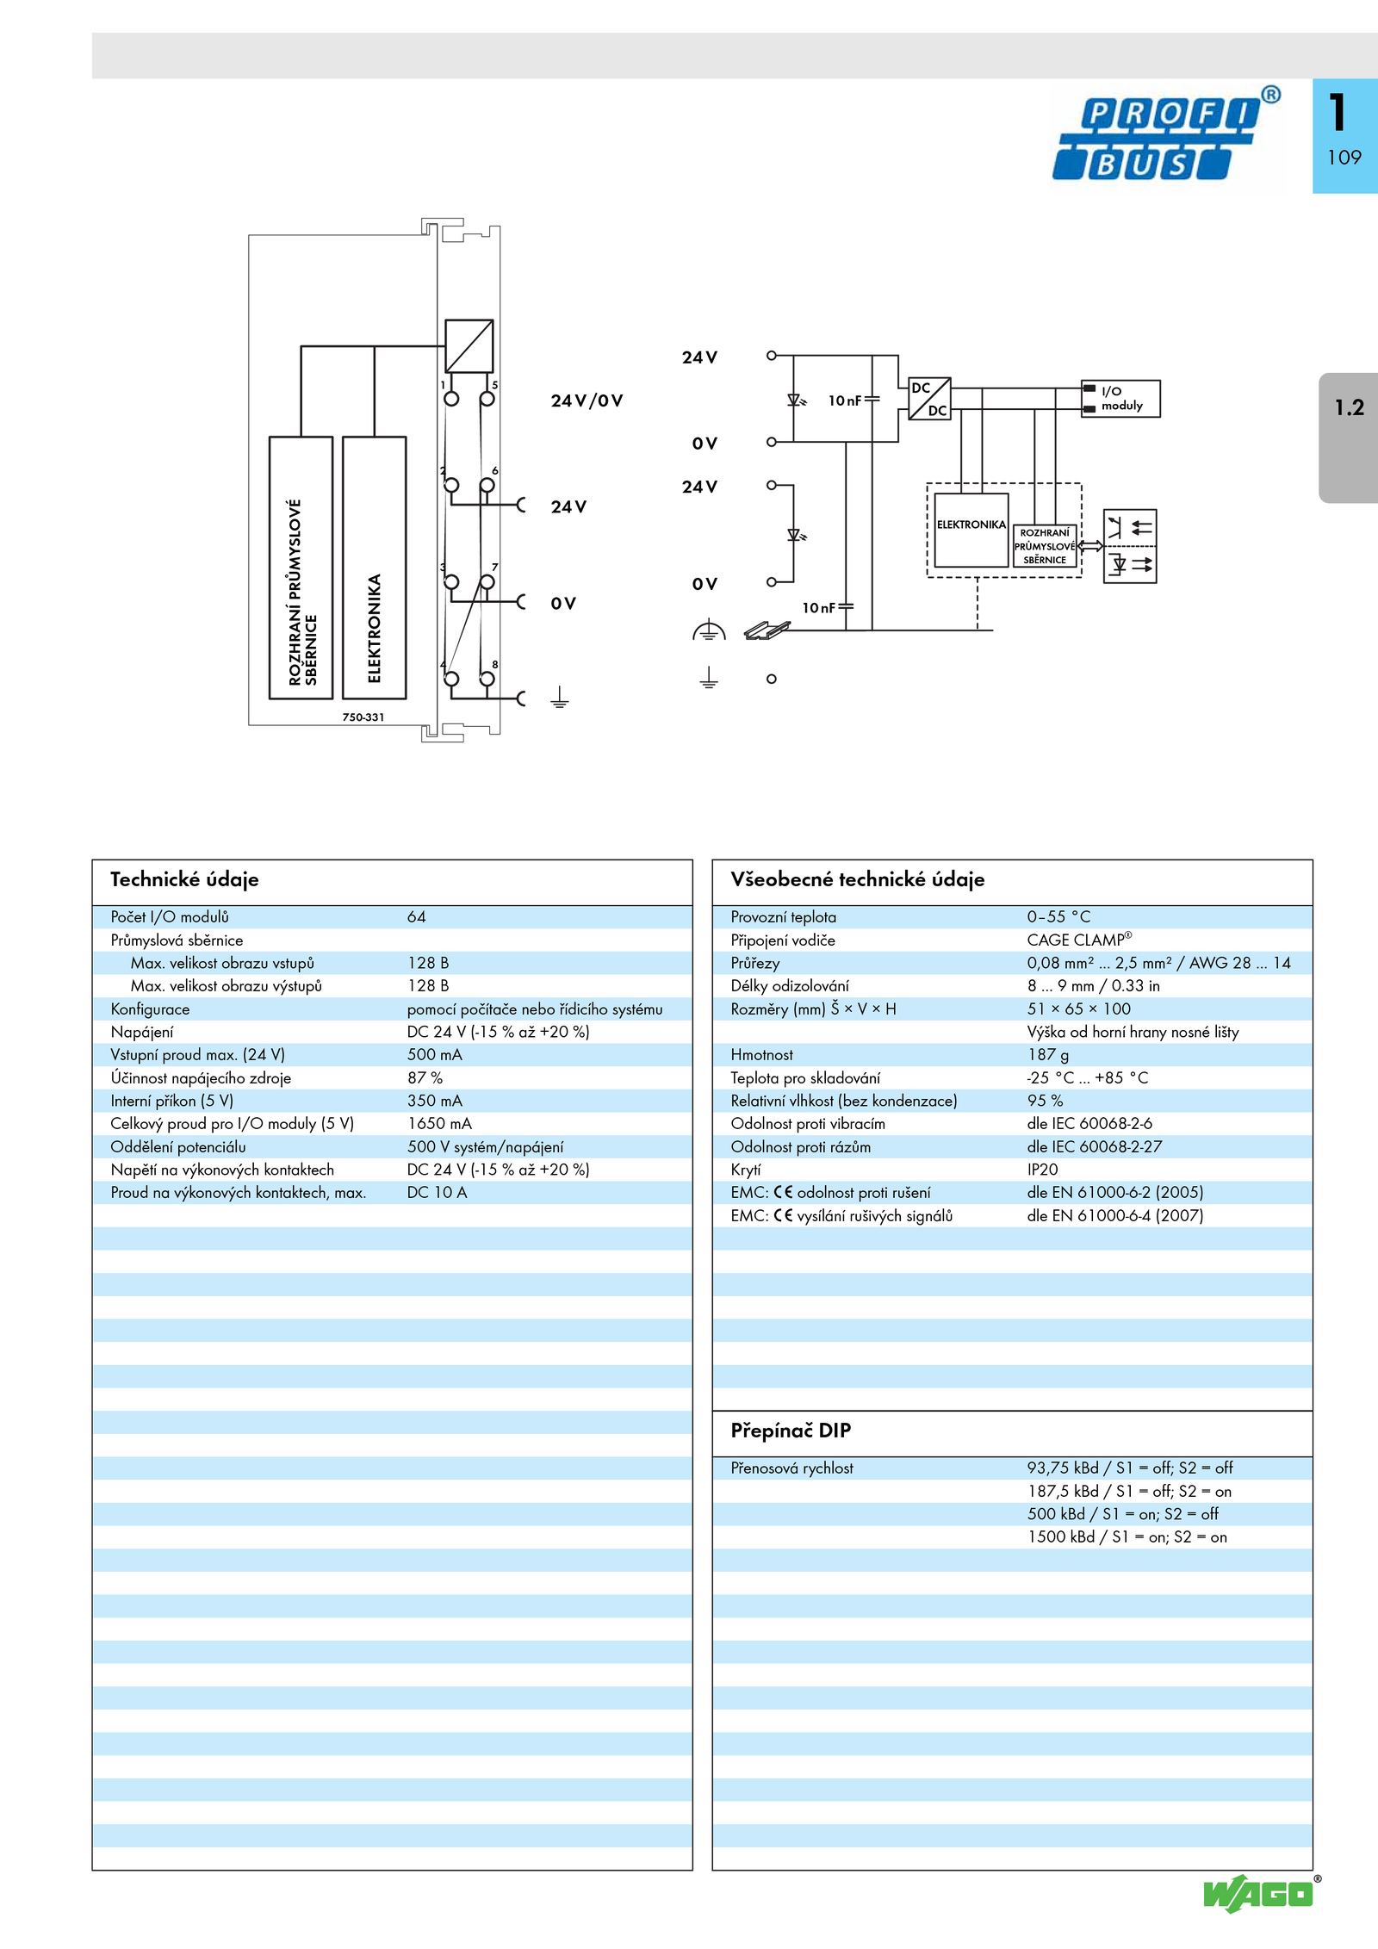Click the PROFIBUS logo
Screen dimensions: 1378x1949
pos(1165,135)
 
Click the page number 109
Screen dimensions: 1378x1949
pos(1344,158)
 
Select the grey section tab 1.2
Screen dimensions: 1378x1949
pos(1348,438)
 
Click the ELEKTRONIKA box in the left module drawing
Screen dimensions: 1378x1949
pos(375,568)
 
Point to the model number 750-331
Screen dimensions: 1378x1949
pos(363,717)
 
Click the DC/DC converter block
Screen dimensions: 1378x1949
pos(929,399)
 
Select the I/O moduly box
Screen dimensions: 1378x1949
pos(1120,399)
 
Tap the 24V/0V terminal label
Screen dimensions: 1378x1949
pos(587,400)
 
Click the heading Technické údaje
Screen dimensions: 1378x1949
pos(184,879)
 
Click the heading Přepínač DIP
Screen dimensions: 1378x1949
pos(791,1431)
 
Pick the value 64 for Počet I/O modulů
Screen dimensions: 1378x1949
pos(417,917)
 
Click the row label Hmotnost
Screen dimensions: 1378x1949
pos(761,1055)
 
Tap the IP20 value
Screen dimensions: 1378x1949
pos(1042,1170)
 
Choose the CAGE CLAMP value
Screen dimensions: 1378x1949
pos(1079,940)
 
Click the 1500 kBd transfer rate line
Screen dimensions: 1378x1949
pos(1127,1537)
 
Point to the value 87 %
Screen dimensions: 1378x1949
pos(425,1078)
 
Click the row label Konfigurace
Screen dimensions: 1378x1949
pos(150,1009)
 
